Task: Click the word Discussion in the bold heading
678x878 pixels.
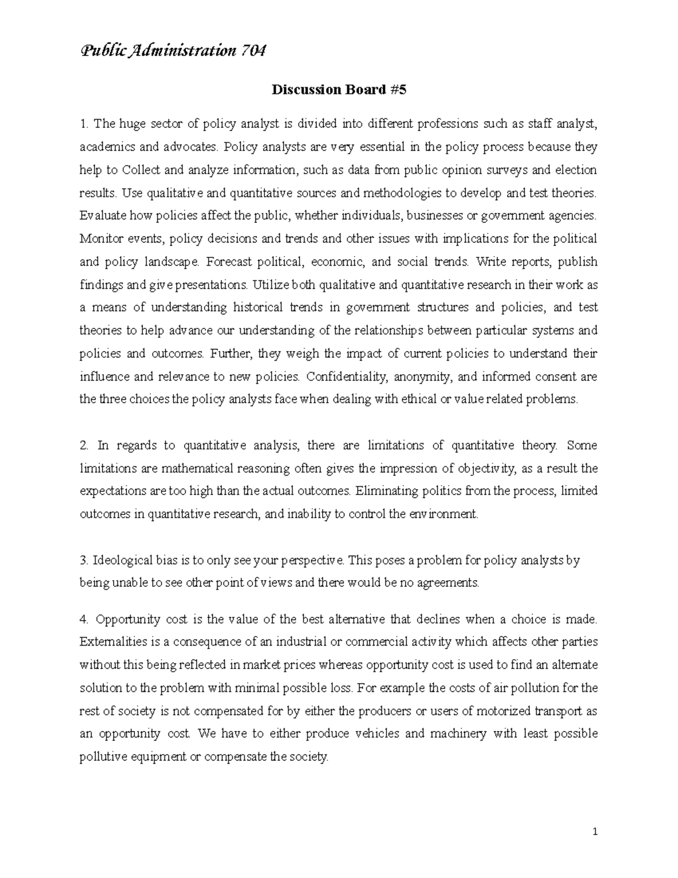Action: coord(301,90)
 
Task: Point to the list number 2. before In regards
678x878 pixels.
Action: coord(84,446)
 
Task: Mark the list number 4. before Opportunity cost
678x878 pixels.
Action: coord(84,619)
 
